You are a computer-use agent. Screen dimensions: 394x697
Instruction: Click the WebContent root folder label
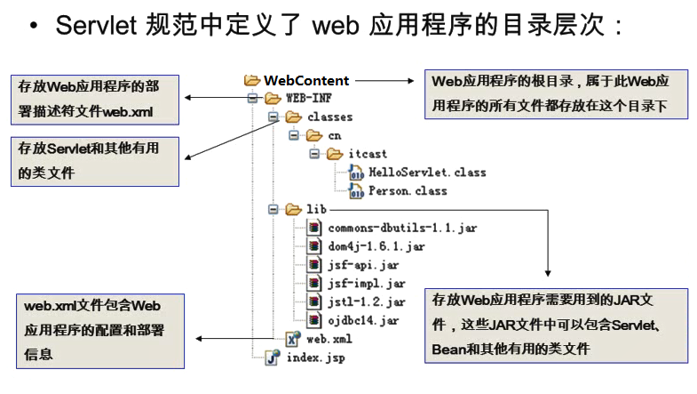(x=306, y=80)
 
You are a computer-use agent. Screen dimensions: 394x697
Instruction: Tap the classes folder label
(x=329, y=117)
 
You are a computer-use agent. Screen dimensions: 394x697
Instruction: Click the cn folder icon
(x=313, y=136)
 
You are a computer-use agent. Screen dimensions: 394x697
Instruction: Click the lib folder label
(x=317, y=209)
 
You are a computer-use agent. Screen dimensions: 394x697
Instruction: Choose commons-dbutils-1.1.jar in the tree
(x=402, y=228)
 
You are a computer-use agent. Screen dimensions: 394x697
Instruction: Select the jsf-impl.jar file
(x=367, y=284)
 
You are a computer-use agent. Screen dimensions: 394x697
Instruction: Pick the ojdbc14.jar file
(x=363, y=320)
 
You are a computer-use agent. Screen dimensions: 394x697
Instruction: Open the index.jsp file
(x=315, y=358)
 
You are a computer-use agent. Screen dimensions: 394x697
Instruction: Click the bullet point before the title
(x=34, y=26)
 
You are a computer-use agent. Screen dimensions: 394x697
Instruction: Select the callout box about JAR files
(x=556, y=324)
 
